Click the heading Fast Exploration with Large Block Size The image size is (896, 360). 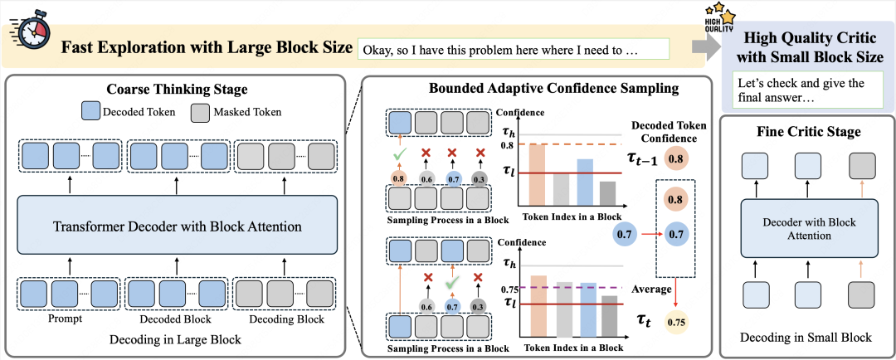click(x=207, y=47)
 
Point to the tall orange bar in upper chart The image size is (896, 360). click(x=537, y=174)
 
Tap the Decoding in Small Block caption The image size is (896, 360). click(x=807, y=337)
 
